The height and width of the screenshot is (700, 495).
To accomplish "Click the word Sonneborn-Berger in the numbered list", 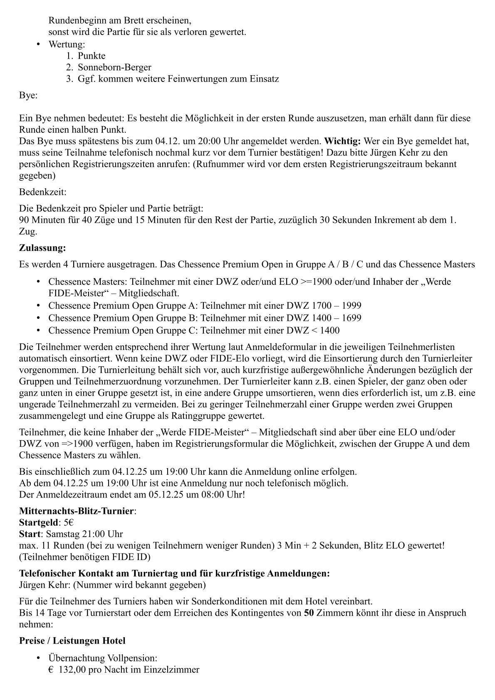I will (114, 67).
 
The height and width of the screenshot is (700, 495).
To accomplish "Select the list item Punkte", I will (92, 56).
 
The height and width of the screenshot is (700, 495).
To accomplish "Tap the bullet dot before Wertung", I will (39, 44).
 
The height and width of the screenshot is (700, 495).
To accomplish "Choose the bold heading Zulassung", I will (42, 248).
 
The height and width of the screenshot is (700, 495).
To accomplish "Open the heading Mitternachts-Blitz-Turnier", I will (77, 511).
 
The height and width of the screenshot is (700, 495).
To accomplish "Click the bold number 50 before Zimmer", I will (309, 613).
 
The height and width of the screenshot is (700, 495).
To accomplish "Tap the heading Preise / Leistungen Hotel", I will (72, 641).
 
